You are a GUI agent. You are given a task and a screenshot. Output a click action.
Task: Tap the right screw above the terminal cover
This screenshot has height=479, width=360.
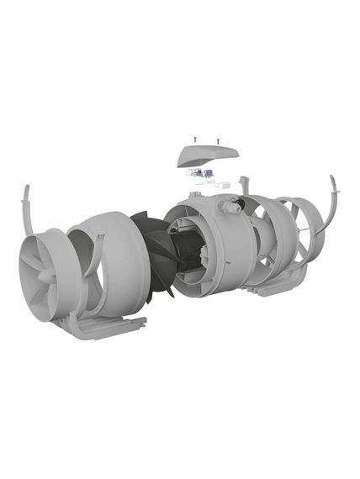pyautogui.click(x=218, y=140)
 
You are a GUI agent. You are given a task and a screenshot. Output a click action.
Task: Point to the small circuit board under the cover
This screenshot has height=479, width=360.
pyautogui.click(x=200, y=175)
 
